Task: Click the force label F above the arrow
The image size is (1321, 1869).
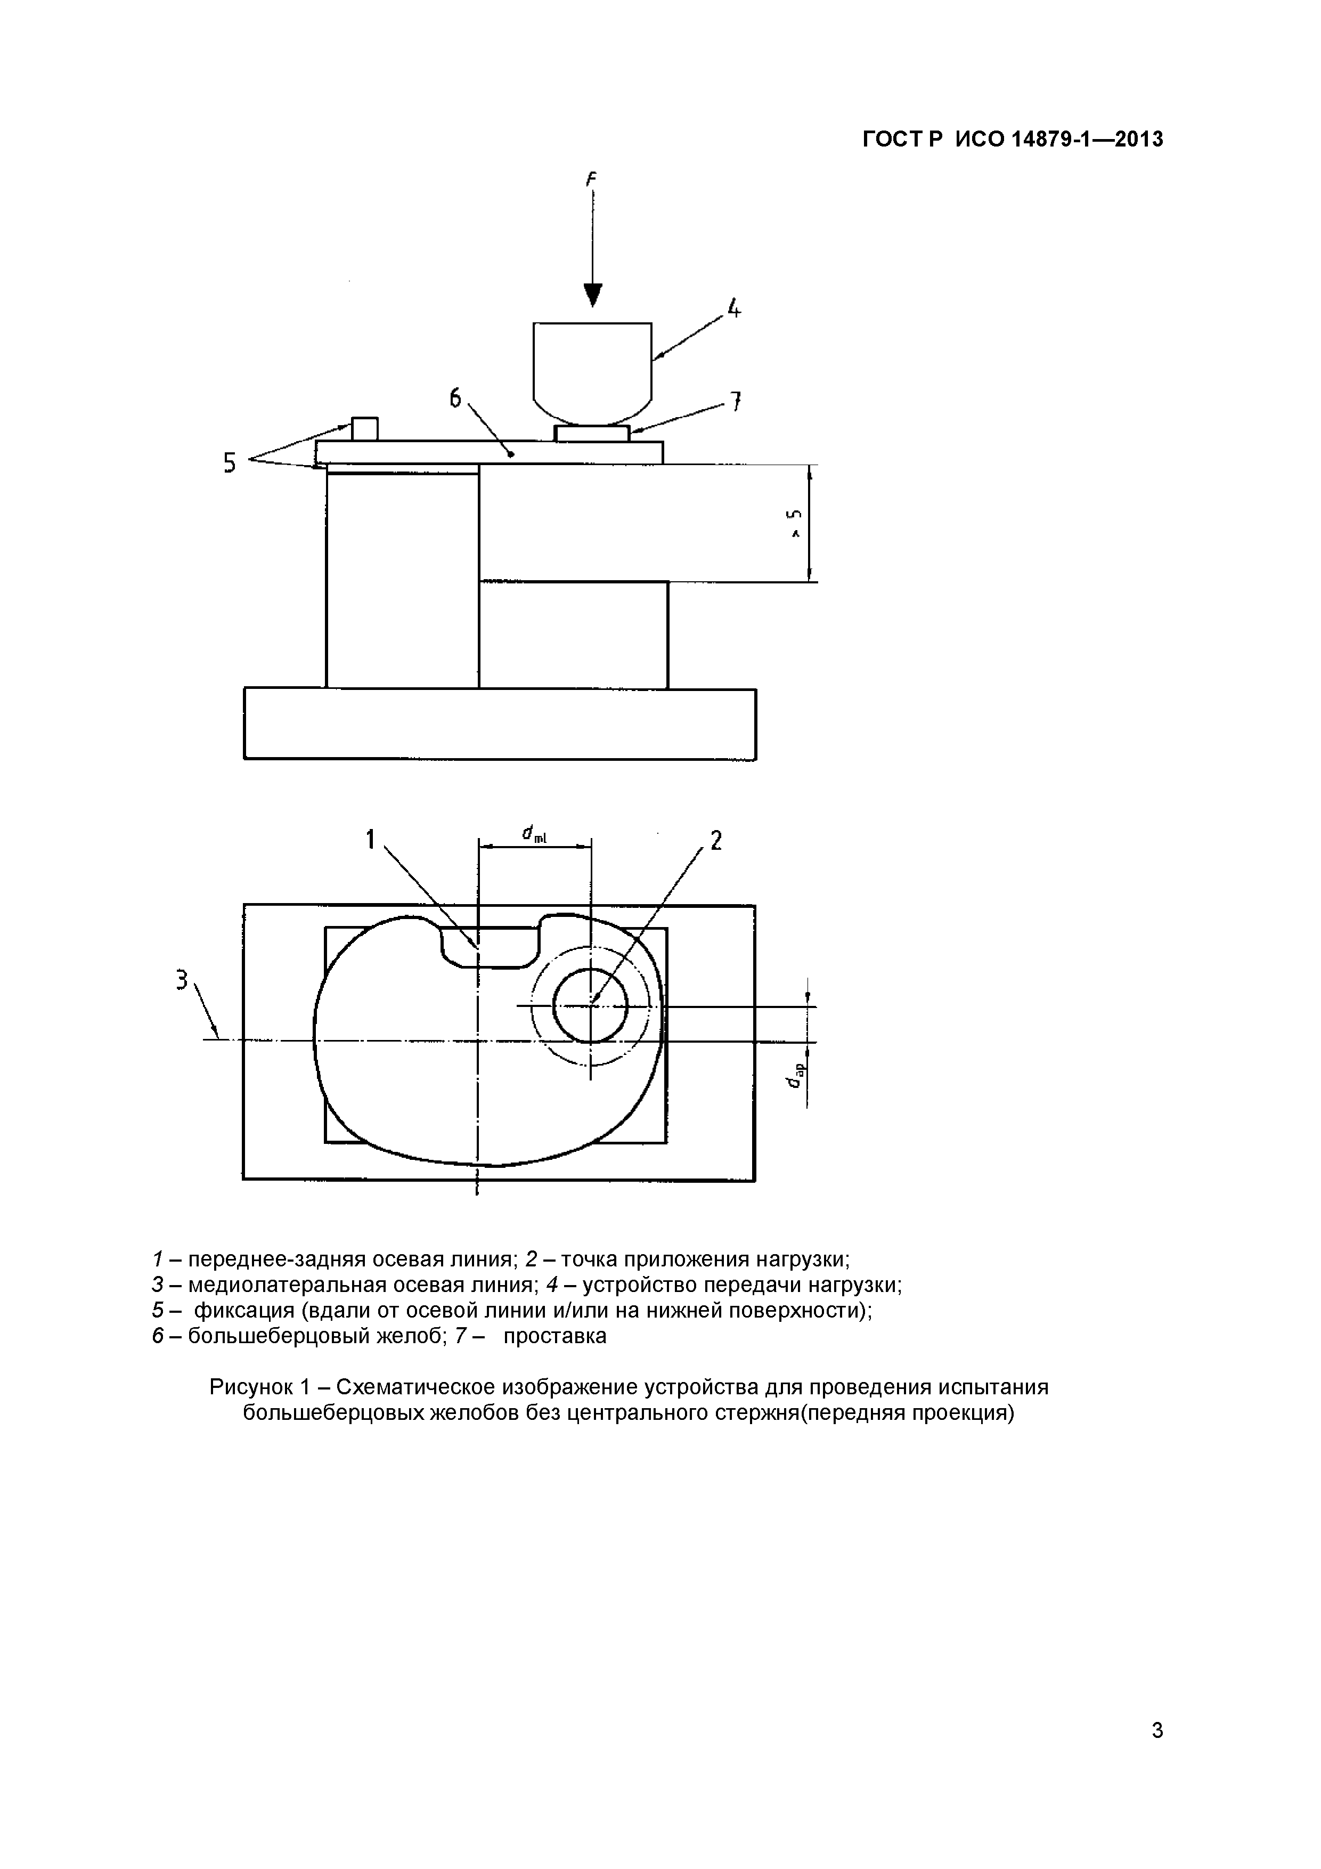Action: coord(592,179)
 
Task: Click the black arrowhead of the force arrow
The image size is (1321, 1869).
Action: coord(593,295)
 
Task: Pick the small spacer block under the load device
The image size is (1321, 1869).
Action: coord(592,433)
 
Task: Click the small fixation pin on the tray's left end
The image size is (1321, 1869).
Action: coord(365,429)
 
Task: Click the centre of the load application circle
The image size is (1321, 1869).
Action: coord(591,1006)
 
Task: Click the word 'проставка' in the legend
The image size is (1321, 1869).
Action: coord(555,1336)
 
